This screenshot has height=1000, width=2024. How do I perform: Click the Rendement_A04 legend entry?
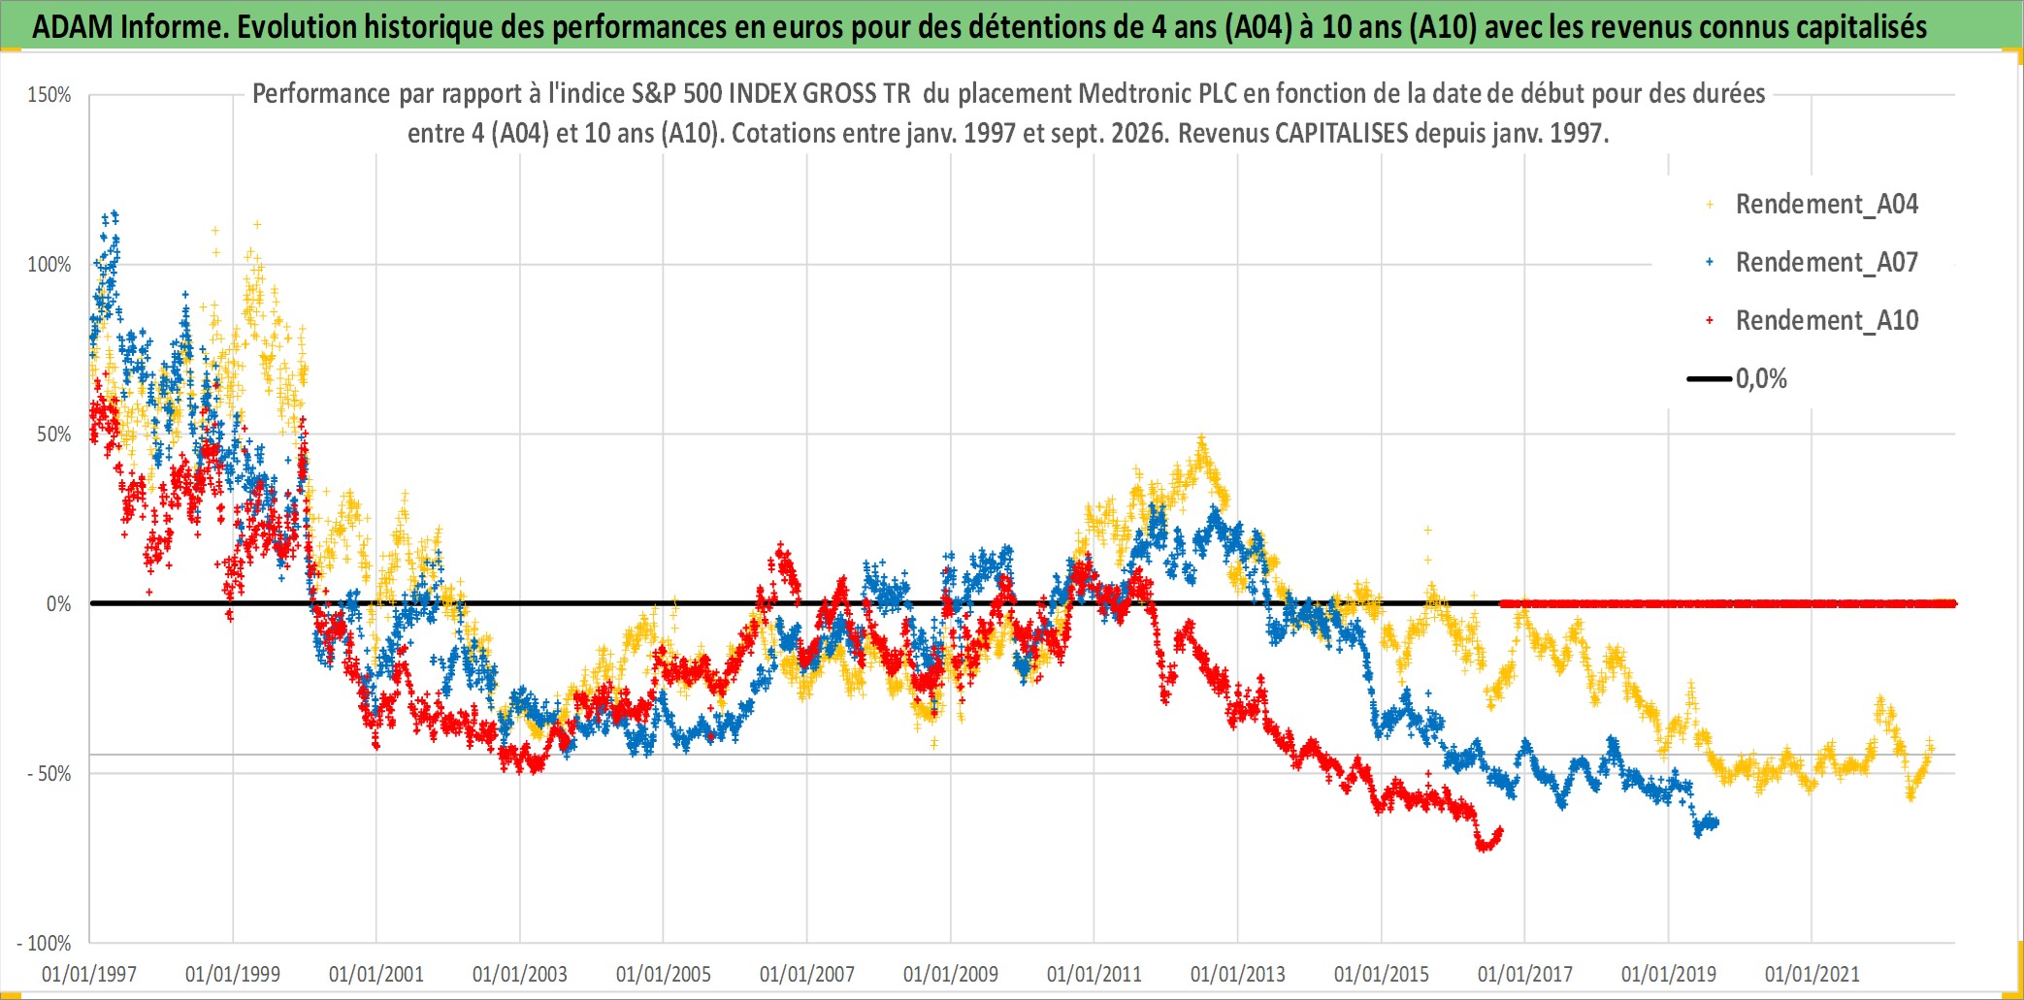point(1812,205)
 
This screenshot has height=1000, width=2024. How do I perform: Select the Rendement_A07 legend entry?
point(1812,263)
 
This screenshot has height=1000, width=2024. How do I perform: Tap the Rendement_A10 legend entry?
point(1812,321)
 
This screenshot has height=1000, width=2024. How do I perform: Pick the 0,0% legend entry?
point(1738,379)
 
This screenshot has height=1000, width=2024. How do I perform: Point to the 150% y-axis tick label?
point(49,95)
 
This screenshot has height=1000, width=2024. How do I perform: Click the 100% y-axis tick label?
point(49,265)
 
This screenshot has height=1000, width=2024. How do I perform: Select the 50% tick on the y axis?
point(54,435)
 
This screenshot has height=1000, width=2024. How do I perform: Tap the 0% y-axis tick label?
point(59,604)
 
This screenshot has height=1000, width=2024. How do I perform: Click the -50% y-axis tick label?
point(49,774)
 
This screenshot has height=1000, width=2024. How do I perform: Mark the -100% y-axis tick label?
point(45,944)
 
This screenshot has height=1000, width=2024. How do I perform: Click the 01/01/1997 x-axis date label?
point(89,974)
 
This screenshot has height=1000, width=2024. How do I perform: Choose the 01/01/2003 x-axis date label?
point(520,974)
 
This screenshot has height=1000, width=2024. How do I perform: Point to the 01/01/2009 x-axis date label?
point(951,974)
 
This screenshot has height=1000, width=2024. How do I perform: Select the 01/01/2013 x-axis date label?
point(1238,974)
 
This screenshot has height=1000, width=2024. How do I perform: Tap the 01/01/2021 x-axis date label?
point(1812,974)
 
